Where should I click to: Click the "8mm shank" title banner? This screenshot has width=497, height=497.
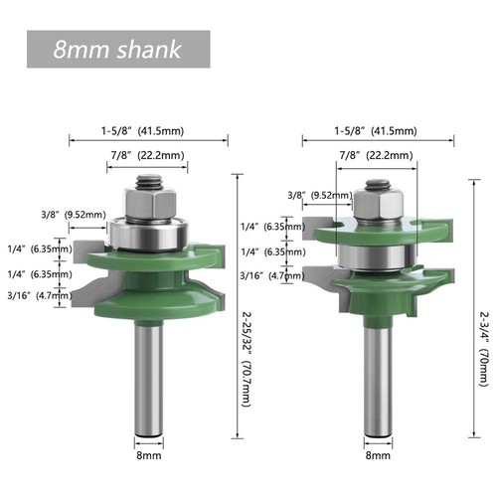118,49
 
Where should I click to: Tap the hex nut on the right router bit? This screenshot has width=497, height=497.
379,207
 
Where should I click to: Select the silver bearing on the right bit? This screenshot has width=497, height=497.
377,255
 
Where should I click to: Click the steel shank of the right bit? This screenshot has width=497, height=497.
378,378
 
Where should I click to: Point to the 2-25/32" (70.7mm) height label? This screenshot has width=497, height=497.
247,360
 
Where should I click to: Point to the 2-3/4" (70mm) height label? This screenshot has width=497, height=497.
484,349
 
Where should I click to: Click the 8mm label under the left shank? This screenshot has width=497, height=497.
149,455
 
